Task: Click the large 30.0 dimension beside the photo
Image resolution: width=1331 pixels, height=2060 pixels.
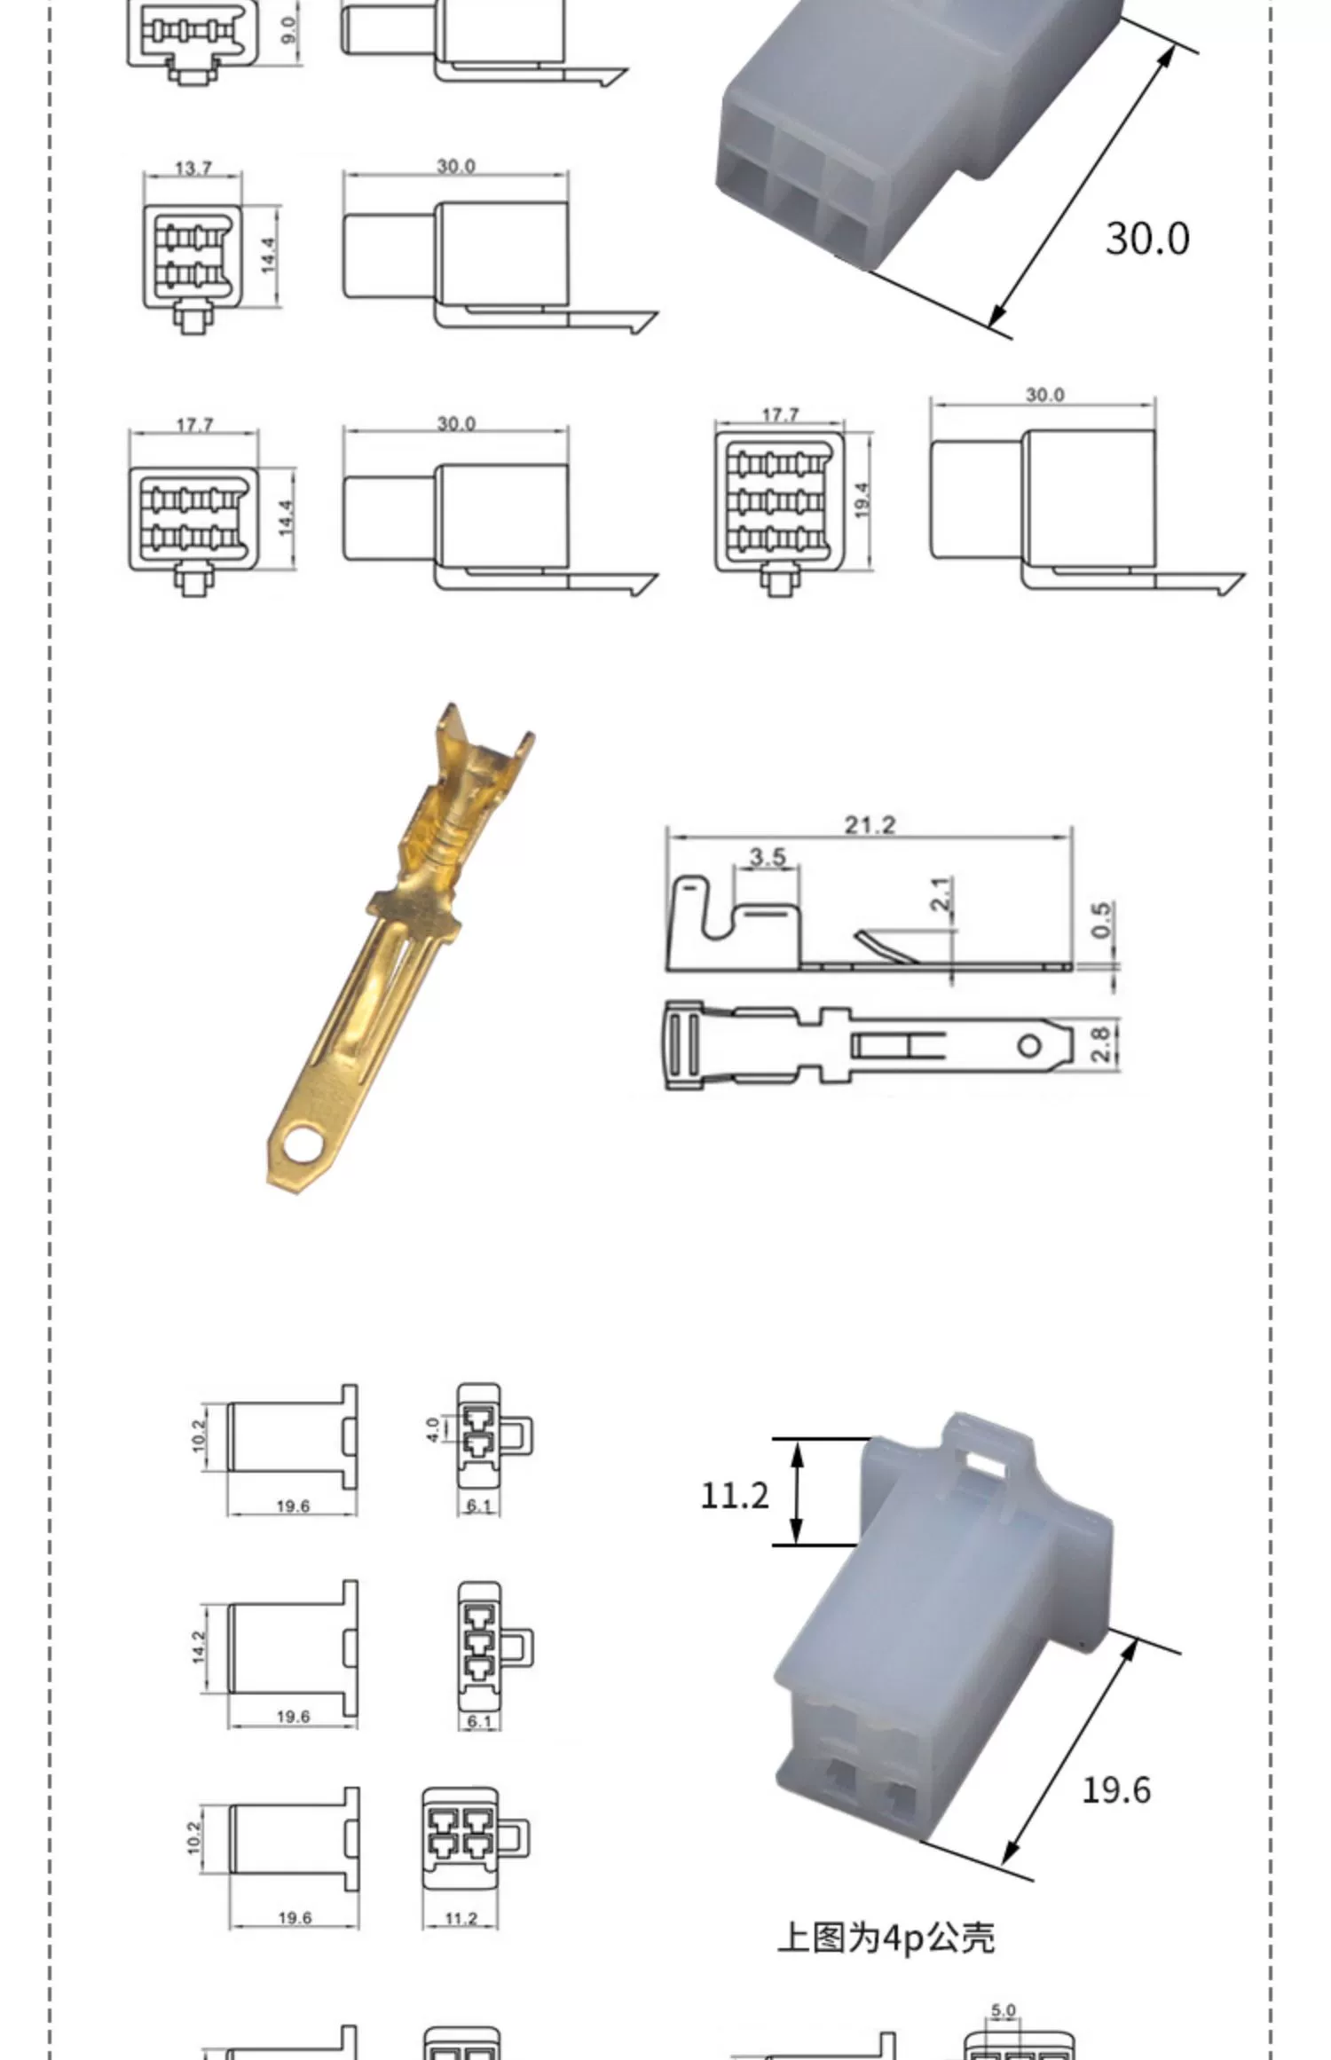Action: [x=1146, y=239]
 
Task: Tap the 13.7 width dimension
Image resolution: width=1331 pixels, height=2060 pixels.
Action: [x=193, y=168]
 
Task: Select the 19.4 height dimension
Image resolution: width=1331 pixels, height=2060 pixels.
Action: [x=862, y=500]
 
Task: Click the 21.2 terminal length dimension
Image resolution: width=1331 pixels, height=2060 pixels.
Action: [x=869, y=825]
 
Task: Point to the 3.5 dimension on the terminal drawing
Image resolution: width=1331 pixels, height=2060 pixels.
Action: [x=767, y=857]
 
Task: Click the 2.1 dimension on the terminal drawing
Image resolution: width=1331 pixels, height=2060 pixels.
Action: [x=941, y=893]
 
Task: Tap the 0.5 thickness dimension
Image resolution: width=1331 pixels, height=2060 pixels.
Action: [x=1101, y=920]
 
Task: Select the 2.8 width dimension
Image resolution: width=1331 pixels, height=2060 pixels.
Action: [x=1099, y=1044]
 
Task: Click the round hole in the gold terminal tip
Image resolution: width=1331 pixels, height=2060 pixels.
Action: [x=300, y=1145]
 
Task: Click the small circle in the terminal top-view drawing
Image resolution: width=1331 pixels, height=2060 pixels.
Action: [x=1028, y=1045]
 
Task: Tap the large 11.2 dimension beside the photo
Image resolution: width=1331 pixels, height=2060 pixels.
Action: [x=735, y=1496]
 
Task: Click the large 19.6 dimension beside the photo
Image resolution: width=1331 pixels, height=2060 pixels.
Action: [x=1115, y=1789]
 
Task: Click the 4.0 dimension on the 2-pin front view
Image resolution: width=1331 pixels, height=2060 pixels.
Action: [x=432, y=1429]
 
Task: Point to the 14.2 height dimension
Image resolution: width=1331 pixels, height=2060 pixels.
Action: [x=199, y=1647]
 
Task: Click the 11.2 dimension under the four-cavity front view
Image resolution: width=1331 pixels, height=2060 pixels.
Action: [x=461, y=1918]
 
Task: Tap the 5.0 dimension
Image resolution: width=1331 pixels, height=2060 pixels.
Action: [x=1003, y=2012]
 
